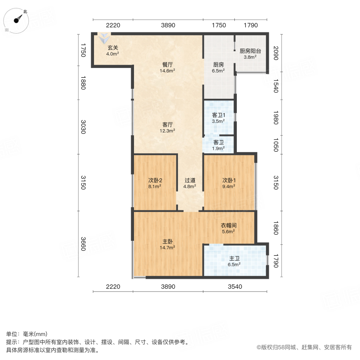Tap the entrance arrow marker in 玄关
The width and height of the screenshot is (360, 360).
click(104, 38)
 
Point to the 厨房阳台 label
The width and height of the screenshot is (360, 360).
click(250, 54)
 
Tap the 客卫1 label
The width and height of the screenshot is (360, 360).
click(218, 118)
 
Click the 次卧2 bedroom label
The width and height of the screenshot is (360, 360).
click(155, 182)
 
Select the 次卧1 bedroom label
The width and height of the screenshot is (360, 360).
click(229, 182)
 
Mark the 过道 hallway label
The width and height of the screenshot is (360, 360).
click(190, 183)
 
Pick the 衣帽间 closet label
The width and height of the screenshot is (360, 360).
click(228, 228)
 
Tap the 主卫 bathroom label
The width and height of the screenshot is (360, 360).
click(234, 261)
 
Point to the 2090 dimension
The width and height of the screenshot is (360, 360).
click(276, 53)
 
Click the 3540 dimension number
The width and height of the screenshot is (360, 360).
click(235, 286)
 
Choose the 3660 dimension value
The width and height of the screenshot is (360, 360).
click(83, 244)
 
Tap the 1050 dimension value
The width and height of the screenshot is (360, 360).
click(276, 143)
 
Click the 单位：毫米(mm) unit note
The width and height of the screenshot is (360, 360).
click(26, 334)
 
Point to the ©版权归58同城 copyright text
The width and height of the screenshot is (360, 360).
click(304, 347)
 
